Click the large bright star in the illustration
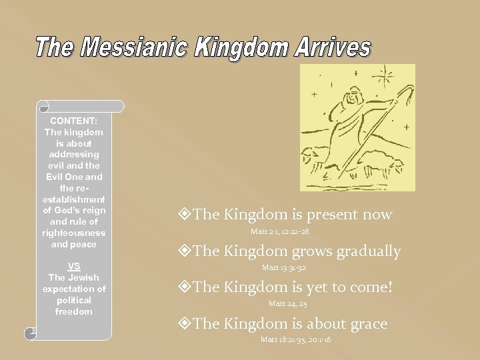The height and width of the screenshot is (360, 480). (385, 75)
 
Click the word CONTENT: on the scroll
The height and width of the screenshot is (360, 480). (74, 121)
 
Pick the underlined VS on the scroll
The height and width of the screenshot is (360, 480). (74, 265)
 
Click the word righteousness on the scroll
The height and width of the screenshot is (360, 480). (74, 233)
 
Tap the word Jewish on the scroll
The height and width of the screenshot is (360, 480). (83, 277)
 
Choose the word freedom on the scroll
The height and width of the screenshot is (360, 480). (74, 311)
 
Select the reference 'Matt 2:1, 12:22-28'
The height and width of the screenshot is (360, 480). (279, 231)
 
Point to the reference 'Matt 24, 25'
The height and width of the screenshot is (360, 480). (287, 303)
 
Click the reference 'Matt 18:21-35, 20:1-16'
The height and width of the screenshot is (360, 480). (295, 339)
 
